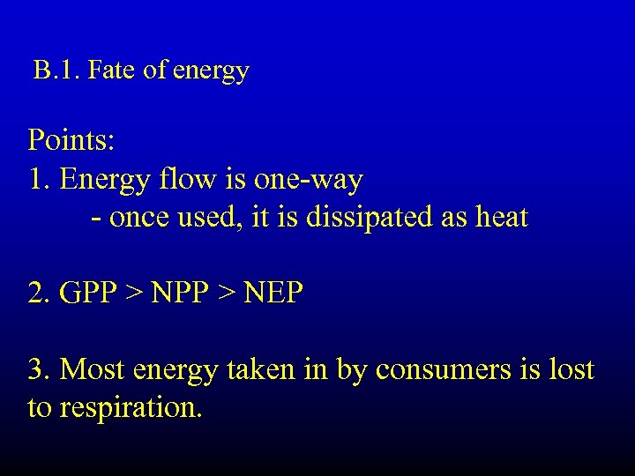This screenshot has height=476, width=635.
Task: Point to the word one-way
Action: [308, 181]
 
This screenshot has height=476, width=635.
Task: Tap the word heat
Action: [501, 218]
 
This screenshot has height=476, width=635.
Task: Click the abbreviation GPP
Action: [88, 293]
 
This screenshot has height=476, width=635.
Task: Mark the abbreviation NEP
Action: [273, 293]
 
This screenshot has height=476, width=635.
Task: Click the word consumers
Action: [444, 369]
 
